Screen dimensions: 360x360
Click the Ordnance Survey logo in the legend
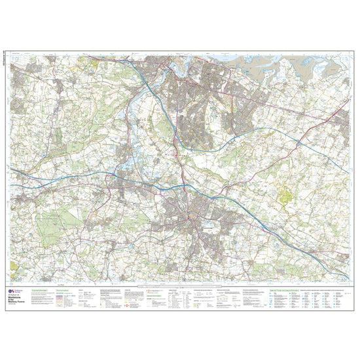pyautogui.click(x=18, y=292)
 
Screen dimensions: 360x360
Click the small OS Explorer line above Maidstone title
pyautogui.click(x=32, y=288)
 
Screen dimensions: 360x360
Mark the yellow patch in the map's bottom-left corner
pyautogui.click(x=18, y=275)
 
